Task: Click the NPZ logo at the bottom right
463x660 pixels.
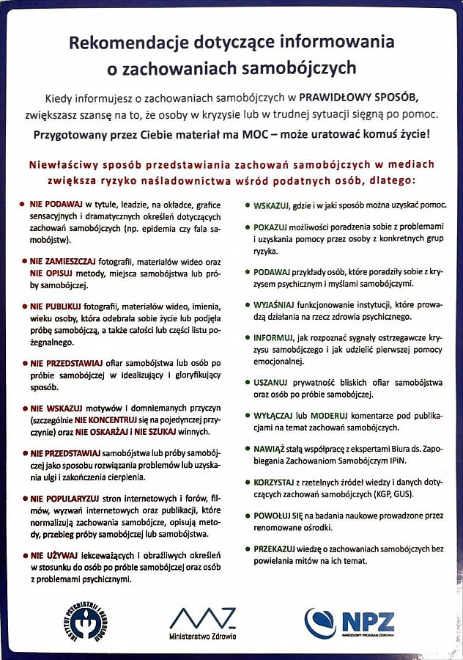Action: (349, 623)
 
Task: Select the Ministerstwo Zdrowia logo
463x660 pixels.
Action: (203, 623)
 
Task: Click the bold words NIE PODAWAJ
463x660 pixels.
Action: (56, 204)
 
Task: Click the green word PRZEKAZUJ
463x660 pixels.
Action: (275, 549)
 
